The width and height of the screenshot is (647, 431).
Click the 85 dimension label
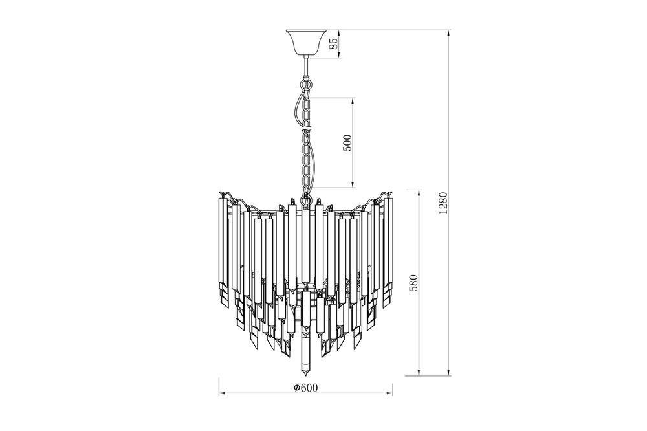[x=335, y=43]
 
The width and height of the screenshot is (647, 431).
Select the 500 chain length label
[x=348, y=143]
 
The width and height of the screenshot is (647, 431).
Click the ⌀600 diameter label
[x=306, y=387]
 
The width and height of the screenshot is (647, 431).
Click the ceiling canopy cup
[x=306, y=42]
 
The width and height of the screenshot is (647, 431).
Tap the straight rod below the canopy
[x=306, y=65]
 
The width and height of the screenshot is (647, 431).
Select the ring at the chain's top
[x=306, y=85]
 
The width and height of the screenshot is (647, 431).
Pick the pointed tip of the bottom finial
[x=306, y=377]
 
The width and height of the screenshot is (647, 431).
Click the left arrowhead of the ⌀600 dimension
[x=221, y=393]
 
